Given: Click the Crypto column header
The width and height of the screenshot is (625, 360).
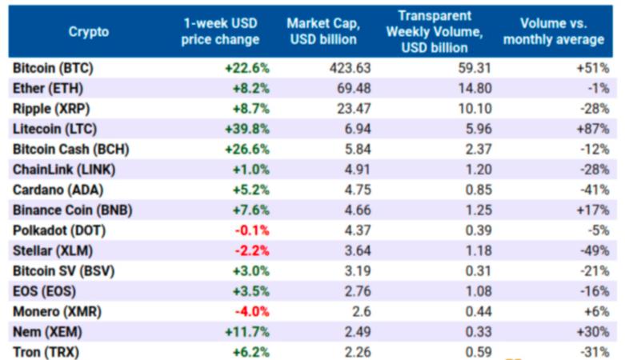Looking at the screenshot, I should pyautogui.click(x=88, y=32).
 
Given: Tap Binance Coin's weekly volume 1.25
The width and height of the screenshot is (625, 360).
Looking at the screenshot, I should pyautogui.click(x=477, y=210).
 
